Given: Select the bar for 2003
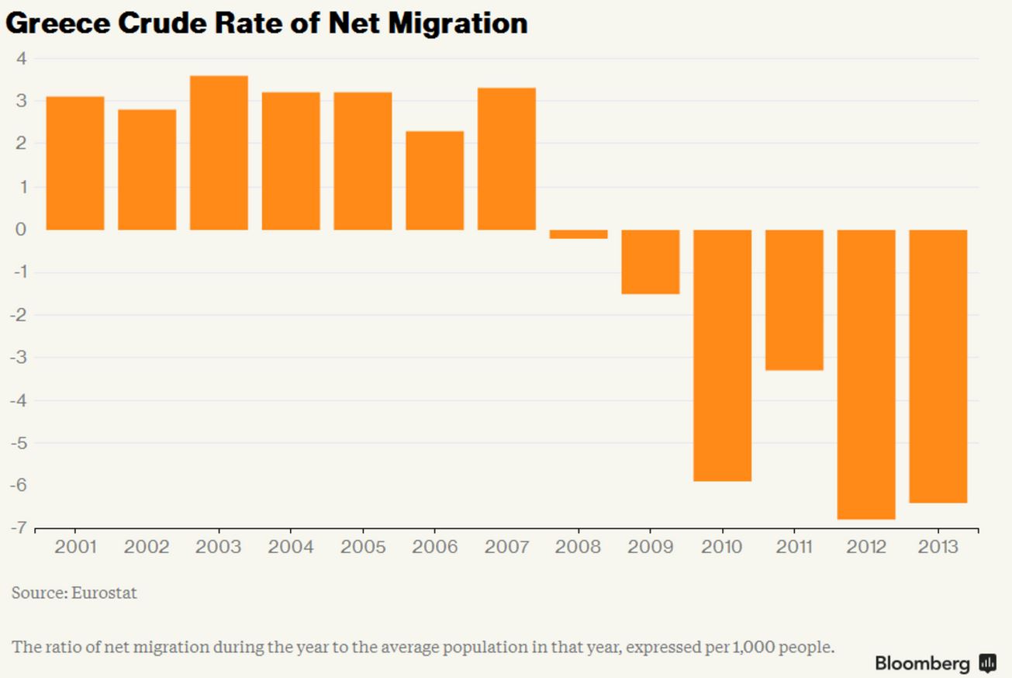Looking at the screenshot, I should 219,153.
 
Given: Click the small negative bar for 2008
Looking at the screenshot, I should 579,234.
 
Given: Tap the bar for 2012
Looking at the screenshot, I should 866,374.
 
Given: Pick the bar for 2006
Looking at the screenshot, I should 434,181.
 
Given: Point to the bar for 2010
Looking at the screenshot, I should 722,355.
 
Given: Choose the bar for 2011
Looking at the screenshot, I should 794,299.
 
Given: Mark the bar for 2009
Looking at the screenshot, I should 650,262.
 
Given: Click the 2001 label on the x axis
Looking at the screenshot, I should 75,547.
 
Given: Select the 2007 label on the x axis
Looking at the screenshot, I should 506,547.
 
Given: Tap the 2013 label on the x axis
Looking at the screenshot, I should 938,547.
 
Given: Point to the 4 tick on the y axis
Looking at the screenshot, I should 21,58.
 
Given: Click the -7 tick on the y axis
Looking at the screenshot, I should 19,528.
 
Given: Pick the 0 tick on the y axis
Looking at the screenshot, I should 21,230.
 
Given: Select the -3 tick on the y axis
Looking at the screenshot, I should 19,358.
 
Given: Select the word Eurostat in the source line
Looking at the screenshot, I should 104,593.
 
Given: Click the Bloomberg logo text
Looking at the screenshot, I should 922,663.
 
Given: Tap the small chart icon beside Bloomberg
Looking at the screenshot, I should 987,663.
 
